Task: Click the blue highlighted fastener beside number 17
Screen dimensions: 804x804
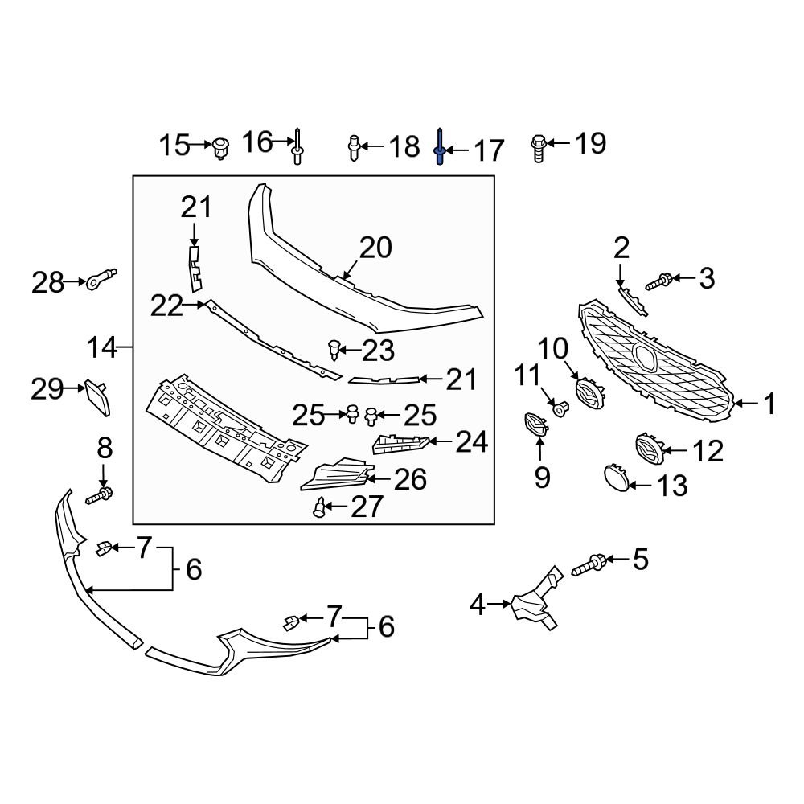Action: (440, 148)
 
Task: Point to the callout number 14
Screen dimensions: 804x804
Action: (102, 348)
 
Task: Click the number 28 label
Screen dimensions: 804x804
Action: (47, 282)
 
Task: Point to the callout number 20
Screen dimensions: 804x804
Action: (375, 248)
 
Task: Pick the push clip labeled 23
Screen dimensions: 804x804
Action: (334, 350)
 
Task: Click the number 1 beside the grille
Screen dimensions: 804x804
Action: (769, 404)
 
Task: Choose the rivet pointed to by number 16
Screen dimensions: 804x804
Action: (297, 147)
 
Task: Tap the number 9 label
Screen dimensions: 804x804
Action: (543, 478)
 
